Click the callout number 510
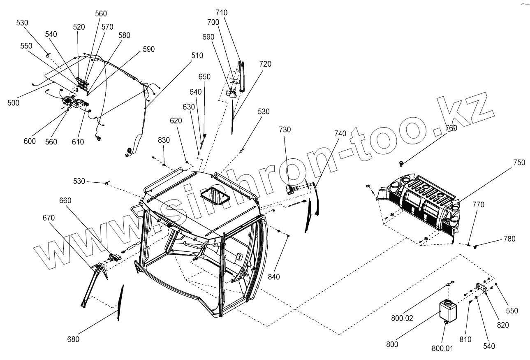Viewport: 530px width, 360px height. (197, 55)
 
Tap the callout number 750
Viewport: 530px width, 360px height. (519, 163)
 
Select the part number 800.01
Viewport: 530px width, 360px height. (442, 348)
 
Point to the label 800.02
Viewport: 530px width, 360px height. (403, 318)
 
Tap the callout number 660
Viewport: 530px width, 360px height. (65, 200)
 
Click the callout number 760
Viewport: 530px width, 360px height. (451, 128)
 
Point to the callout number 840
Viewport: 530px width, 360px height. (273, 277)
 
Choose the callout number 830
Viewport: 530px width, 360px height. (164, 140)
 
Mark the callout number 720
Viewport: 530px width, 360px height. (265, 64)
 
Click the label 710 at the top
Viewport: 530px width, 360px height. (221, 13)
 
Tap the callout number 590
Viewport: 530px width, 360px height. (149, 49)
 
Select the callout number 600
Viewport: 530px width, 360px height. (30, 141)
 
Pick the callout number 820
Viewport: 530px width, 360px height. (502, 325)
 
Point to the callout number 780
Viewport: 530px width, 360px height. (509, 239)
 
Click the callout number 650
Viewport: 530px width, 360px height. (204, 77)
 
